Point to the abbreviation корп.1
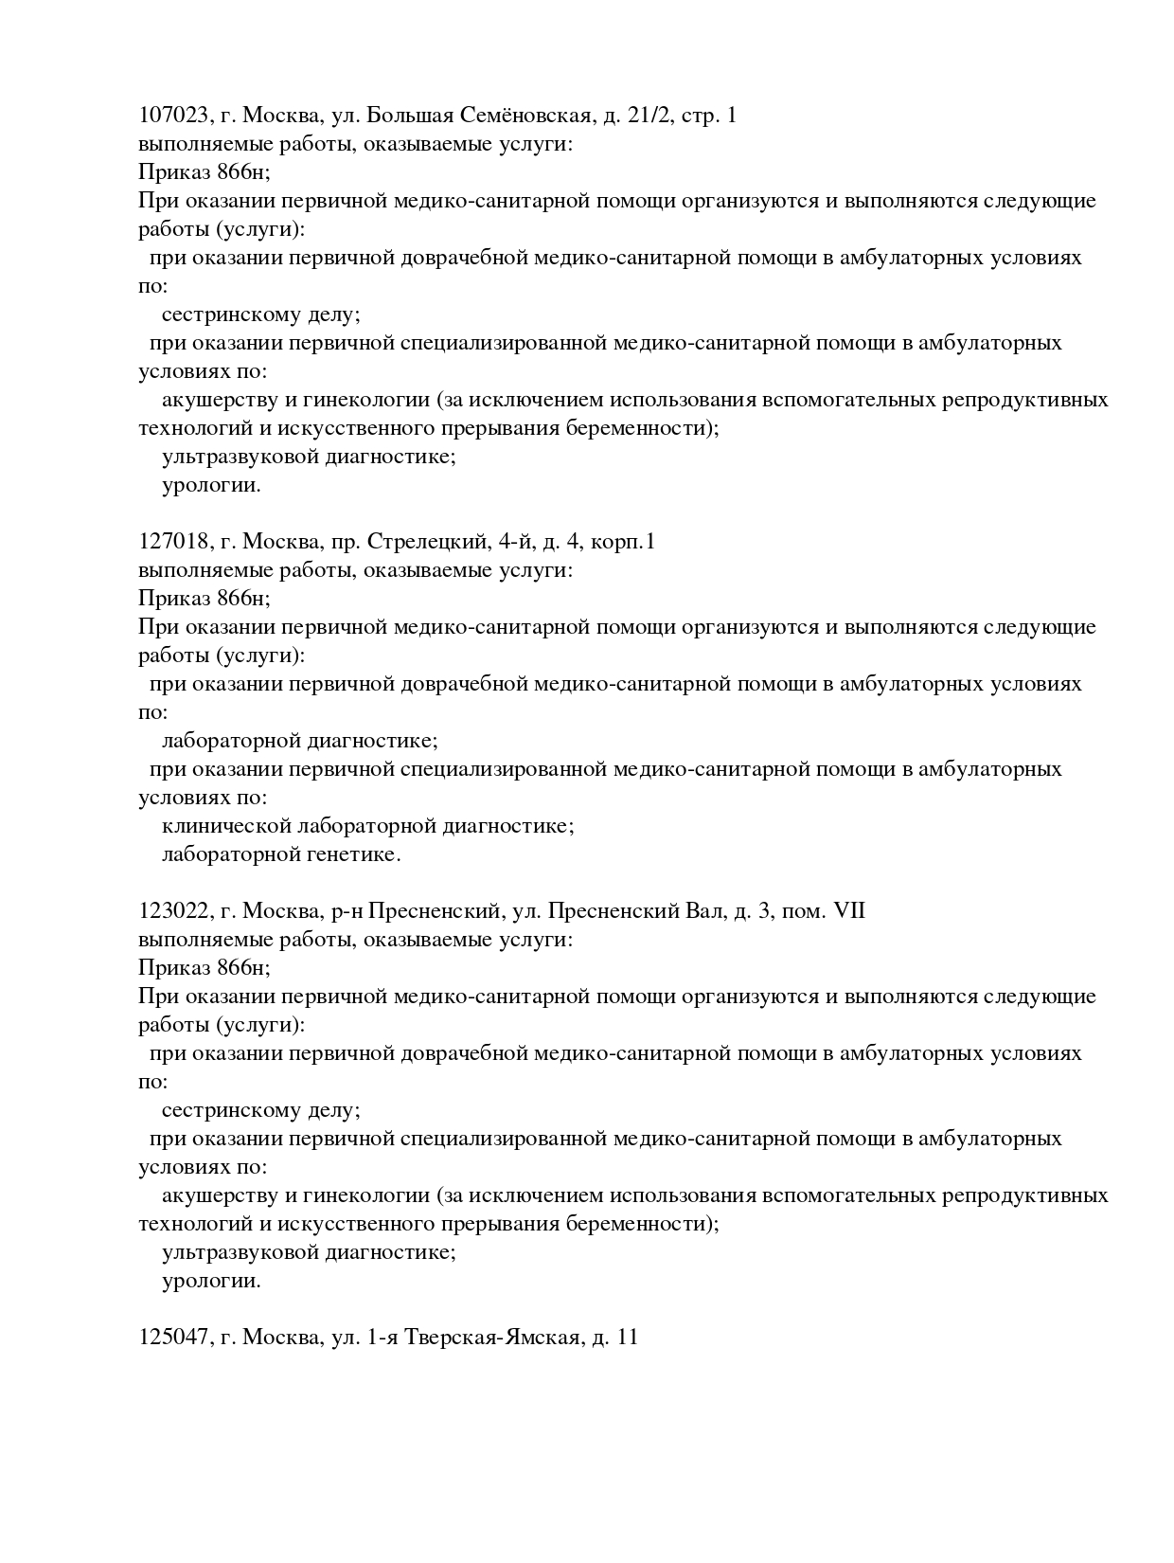pyautogui.click(x=622, y=543)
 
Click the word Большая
pyautogui.click(x=410, y=116)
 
